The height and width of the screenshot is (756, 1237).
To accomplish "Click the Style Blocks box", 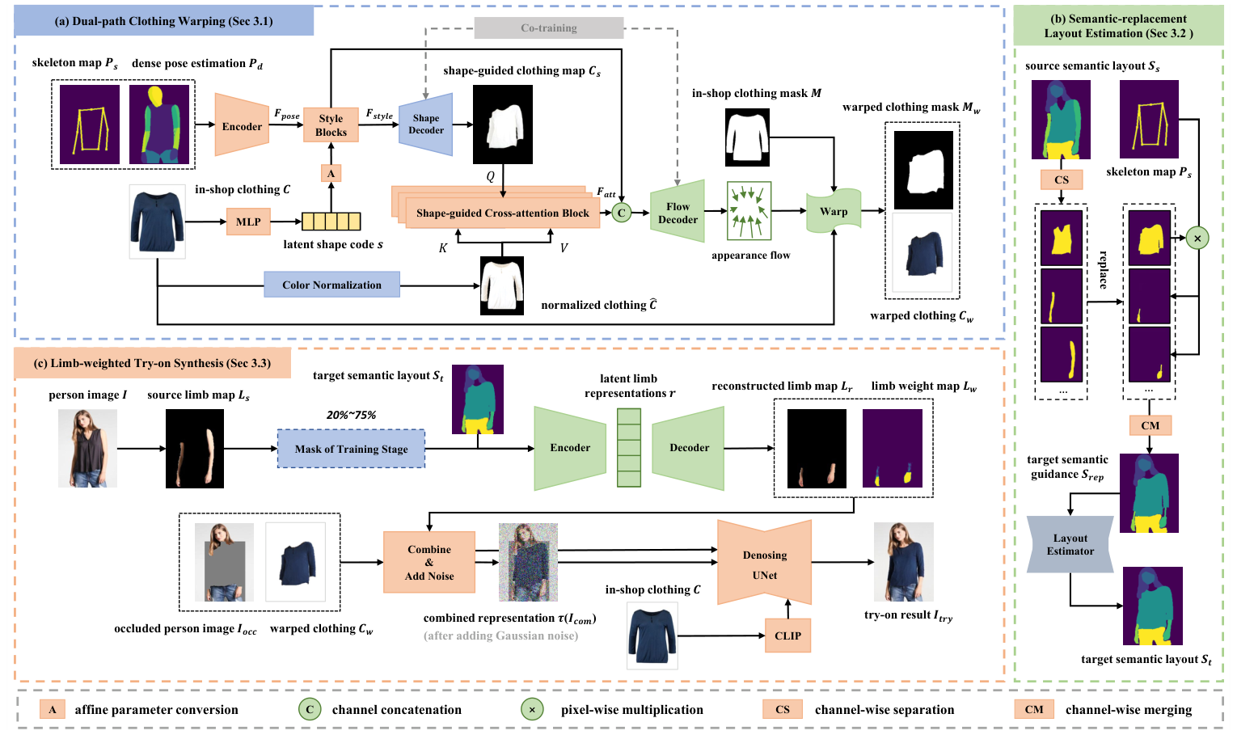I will (x=331, y=125).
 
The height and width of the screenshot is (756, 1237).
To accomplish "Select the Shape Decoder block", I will (x=426, y=125).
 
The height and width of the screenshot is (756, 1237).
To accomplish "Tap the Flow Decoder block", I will (x=678, y=213).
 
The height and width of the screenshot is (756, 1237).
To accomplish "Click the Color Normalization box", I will (x=331, y=285).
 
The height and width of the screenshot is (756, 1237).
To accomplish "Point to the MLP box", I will (x=248, y=222).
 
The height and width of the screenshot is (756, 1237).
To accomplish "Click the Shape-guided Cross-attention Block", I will (x=502, y=213).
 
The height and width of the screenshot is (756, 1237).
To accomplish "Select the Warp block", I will (x=834, y=212).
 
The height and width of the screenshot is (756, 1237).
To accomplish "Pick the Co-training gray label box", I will (x=549, y=28).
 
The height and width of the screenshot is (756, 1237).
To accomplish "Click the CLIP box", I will (x=787, y=636).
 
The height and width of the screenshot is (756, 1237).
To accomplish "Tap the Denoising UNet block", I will (x=765, y=564).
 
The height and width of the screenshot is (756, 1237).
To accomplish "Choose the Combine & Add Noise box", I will (x=429, y=563).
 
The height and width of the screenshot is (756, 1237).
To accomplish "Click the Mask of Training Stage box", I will (x=351, y=449).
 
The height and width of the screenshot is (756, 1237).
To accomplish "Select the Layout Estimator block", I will (x=1070, y=544).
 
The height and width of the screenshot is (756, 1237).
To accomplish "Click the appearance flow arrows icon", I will (x=749, y=212).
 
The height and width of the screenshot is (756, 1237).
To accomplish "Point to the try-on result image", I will (x=904, y=562).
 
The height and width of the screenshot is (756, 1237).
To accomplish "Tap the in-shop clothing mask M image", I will (x=748, y=137).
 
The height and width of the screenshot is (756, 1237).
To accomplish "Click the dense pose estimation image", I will (x=159, y=125).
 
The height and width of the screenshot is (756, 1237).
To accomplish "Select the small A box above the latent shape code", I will (x=331, y=173).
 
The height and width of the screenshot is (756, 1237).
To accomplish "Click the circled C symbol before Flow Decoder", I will (x=621, y=213).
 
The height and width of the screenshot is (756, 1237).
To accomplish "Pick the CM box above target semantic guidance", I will (x=1150, y=425).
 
